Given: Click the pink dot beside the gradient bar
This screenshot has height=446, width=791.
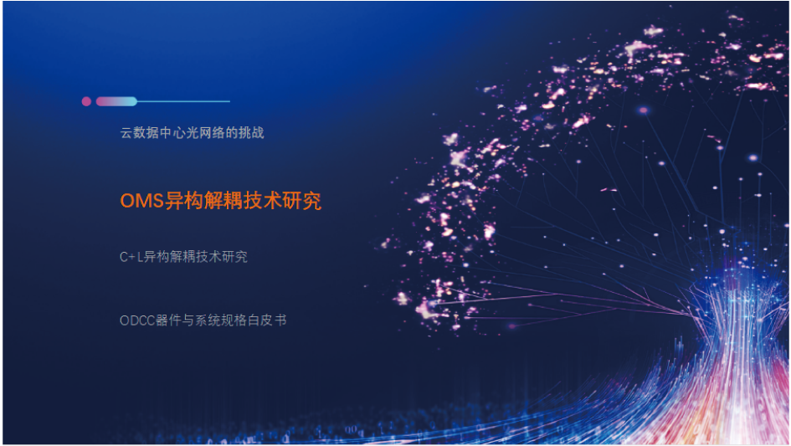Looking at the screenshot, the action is (86, 101).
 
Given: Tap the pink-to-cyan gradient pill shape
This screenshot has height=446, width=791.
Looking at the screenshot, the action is (116, 101).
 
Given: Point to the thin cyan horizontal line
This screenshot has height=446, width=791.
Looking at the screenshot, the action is (183, 101).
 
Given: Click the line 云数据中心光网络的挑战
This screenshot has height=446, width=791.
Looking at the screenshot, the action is (192, 133).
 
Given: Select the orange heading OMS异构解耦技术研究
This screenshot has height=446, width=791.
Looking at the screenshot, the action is (220, 201).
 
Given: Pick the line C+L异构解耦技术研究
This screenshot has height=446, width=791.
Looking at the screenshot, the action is (183, 257).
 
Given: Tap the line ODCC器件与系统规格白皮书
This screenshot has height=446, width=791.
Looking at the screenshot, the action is (203, 320).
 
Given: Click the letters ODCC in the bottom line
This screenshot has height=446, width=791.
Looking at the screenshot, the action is (137, 320).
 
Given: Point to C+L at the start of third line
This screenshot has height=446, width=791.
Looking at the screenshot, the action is (131, 258).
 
